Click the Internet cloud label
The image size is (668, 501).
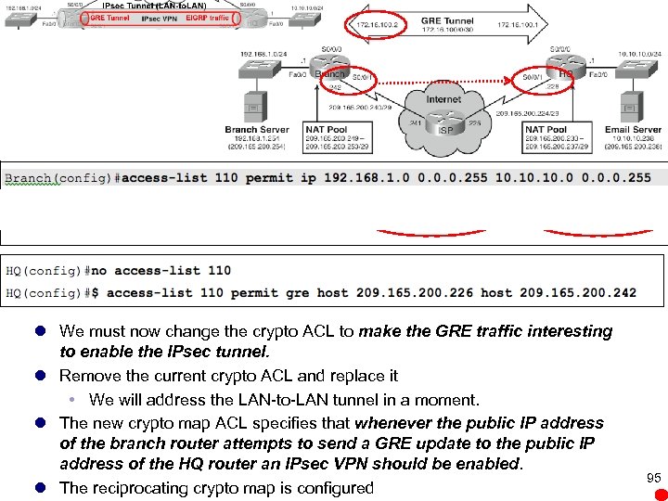(443, 99)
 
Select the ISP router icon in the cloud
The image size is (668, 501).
(445, 128)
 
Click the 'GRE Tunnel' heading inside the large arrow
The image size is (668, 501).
(446, 19)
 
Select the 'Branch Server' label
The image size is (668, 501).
(257, 129)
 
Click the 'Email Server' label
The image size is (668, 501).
(633, 129)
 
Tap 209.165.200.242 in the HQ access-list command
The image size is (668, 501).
(578, 292)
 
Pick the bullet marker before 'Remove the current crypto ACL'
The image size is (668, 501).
(42, 376)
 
